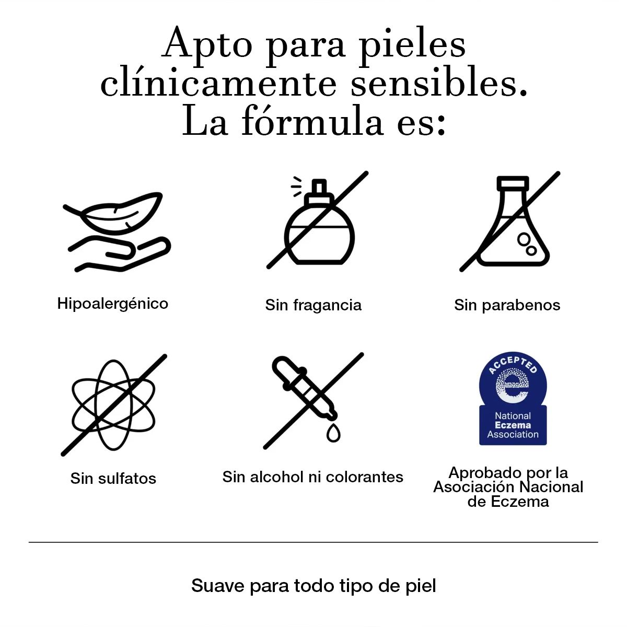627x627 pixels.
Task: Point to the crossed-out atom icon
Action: [x=113, y=405]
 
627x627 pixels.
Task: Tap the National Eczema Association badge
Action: [x=513, y=399]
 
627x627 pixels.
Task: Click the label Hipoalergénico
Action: [x=112, y=304]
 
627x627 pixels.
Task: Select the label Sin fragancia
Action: [x=313, y=305]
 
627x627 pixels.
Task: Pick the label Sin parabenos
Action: [x=507, y=305]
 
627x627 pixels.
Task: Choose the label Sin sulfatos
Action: [x=113, y=479]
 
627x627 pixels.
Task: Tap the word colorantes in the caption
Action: [x=364, y=477]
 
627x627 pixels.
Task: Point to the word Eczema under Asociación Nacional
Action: [x=519, y=502]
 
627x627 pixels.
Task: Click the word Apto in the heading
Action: [x=207, y=44]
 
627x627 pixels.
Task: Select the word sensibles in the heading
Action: [x=439, y=83]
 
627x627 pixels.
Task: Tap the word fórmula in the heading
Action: [x=312, y=121]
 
